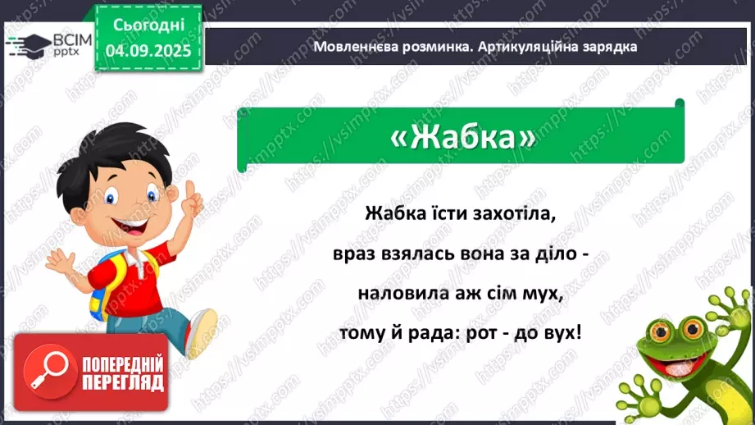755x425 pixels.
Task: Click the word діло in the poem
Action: tap(552, 254)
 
